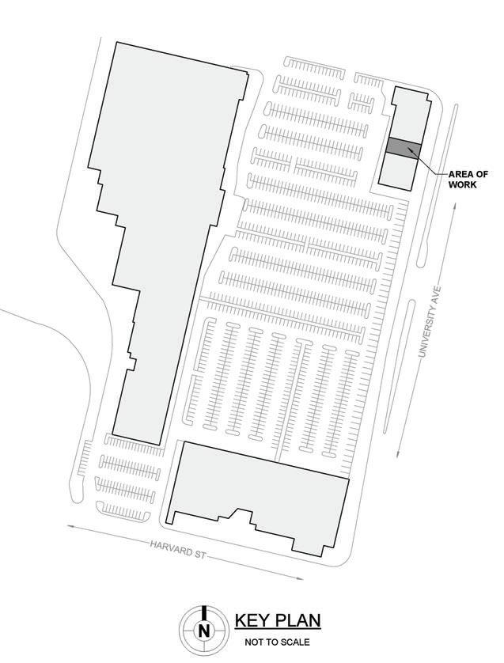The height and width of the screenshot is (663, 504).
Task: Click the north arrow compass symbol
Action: click(205, 629)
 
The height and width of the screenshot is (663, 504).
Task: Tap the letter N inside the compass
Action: click(205, 631)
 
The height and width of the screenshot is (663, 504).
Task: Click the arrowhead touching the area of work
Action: click(410, 150)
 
